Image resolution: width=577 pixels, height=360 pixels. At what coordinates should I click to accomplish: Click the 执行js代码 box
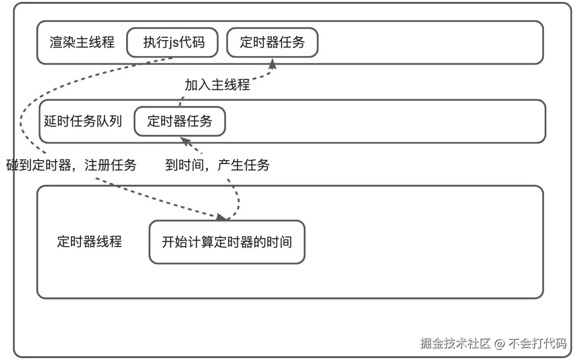click(x=172, y=43)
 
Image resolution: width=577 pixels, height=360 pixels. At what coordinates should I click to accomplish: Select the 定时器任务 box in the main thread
click(x=272, y=43)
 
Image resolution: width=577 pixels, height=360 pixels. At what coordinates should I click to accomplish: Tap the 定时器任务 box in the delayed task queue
click(x=180, y=121)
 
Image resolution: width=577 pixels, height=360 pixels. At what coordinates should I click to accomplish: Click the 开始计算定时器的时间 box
click(x=227, y=242)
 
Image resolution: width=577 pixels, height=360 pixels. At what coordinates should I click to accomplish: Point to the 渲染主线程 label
click(x=82, y=43)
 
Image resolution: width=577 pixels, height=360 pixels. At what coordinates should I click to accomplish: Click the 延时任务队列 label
click(x=83, y=121)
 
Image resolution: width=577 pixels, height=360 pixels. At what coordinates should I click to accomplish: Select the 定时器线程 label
click(x=89, y=242)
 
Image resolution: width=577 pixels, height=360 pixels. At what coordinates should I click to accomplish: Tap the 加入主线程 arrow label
click(x=217, y=85)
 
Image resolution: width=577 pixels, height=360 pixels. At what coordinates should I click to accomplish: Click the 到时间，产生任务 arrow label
click(x=217, y=165)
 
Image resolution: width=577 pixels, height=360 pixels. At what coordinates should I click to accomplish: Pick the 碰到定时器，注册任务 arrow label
click(x=71, y=165)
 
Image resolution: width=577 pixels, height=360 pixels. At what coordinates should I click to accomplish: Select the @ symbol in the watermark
click(x=500, y=343)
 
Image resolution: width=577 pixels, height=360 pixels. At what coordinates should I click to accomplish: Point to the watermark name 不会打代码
click(x=537, y=343)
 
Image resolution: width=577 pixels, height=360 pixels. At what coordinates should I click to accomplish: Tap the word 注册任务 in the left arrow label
click(x=111, y=165)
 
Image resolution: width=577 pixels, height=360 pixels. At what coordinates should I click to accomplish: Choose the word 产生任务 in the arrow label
click(x=244, y=165)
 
